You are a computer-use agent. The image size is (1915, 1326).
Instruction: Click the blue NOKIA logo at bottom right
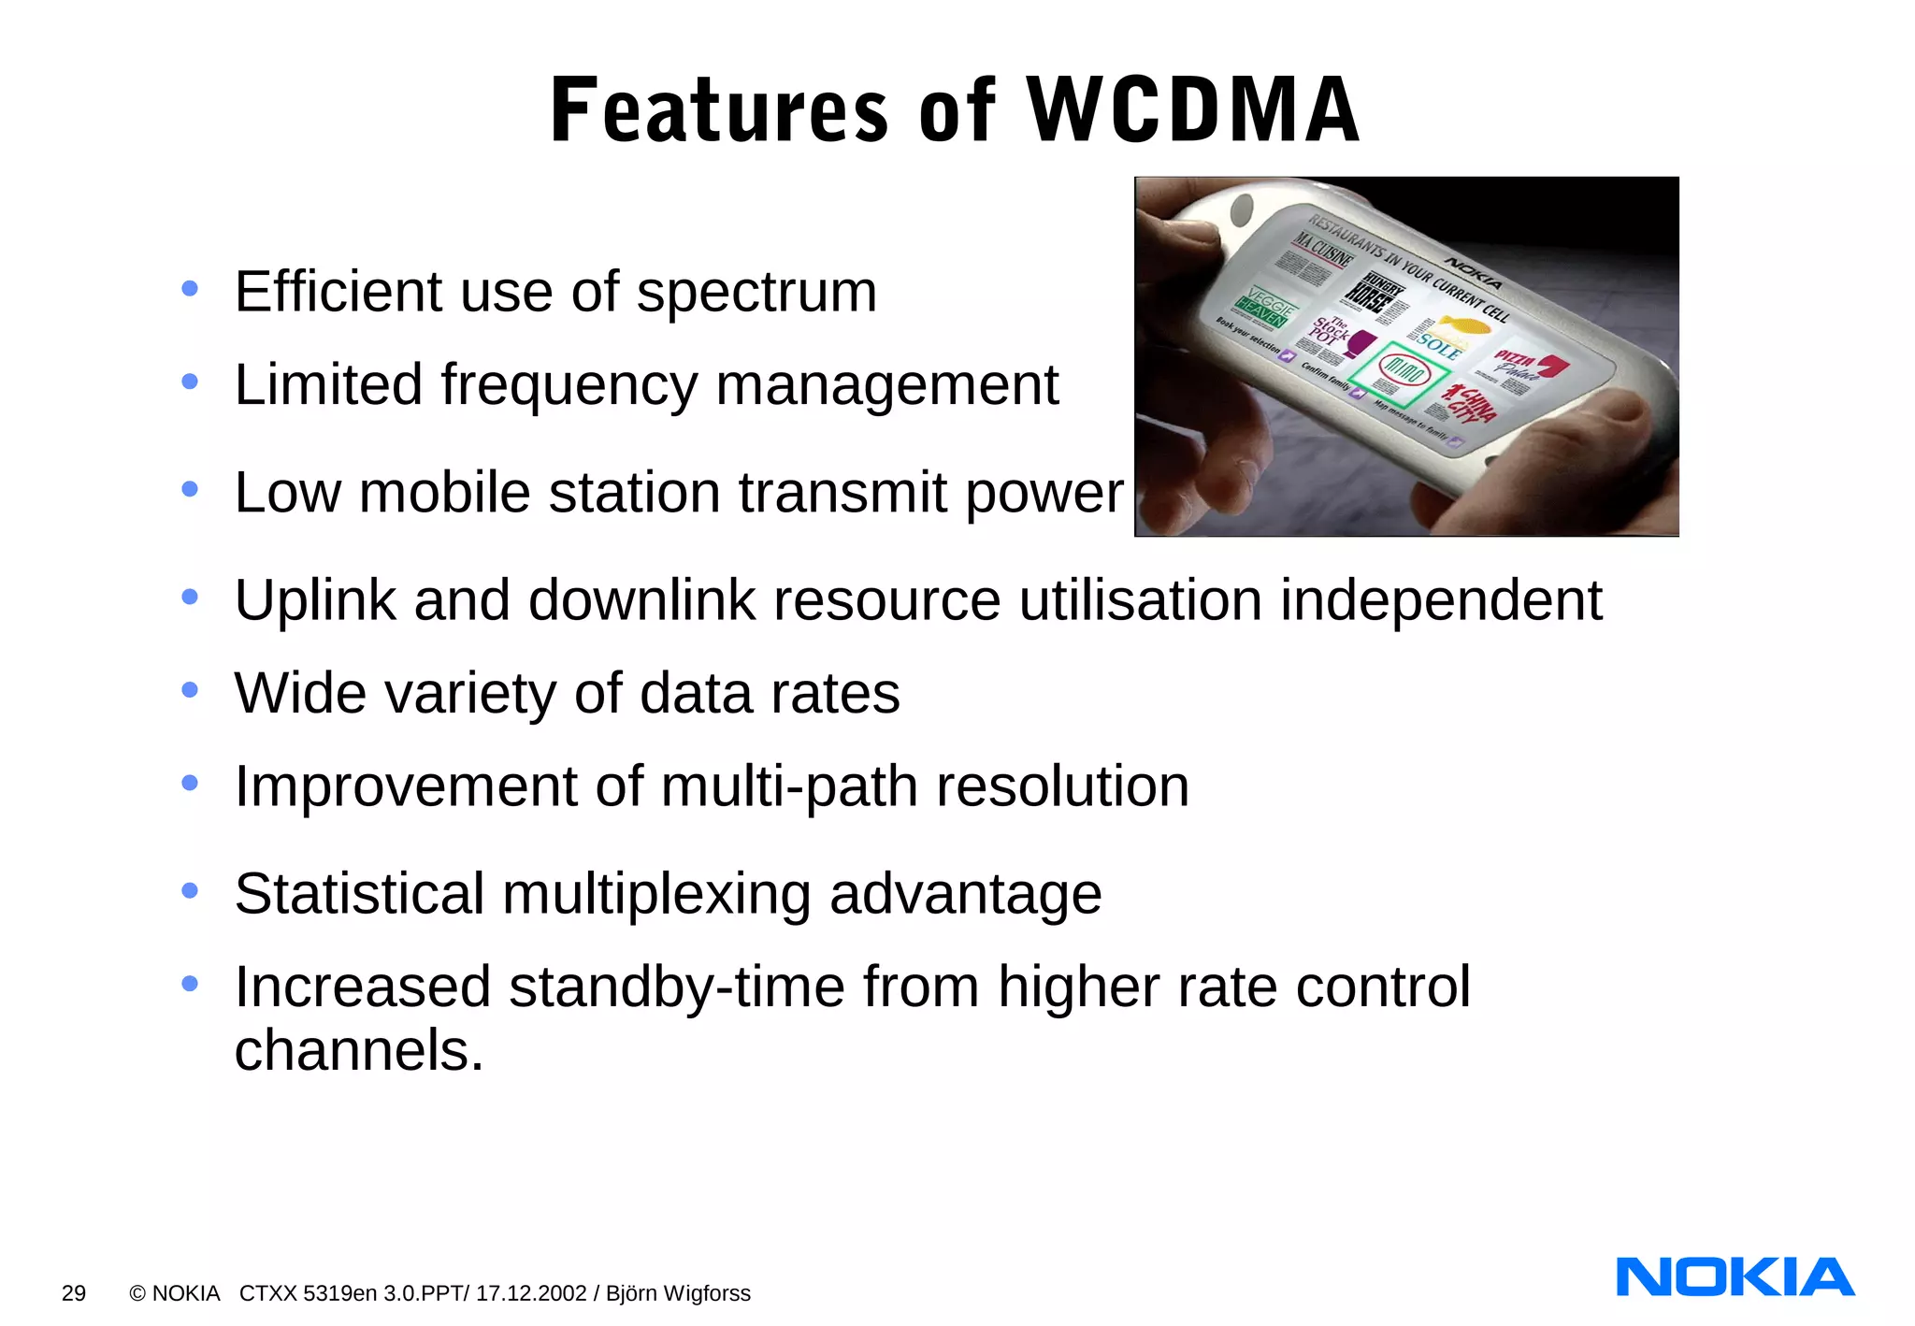click(x=1735, y=1277)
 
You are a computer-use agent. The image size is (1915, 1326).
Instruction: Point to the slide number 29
click(x=74, y=1293)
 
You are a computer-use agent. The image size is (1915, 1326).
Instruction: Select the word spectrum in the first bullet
click(x=756, y=292)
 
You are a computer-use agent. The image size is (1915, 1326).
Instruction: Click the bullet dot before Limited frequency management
click(x=190, y=382)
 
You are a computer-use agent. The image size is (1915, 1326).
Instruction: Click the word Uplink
click(x=315, y=600)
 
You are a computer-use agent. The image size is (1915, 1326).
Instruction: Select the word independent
click(x=1441, y=600)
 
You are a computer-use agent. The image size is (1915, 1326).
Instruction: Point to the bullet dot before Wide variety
click(x=190, y=690)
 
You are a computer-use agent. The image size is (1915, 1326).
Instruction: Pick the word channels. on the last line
click(x=359, y=1050)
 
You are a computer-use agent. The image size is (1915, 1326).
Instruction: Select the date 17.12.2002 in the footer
click(x=531, y=1293)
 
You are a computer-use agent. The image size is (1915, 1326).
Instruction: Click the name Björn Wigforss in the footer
click(x=678, y=1293)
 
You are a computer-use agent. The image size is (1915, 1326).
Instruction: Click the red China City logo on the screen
click(x=1471, y=404)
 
